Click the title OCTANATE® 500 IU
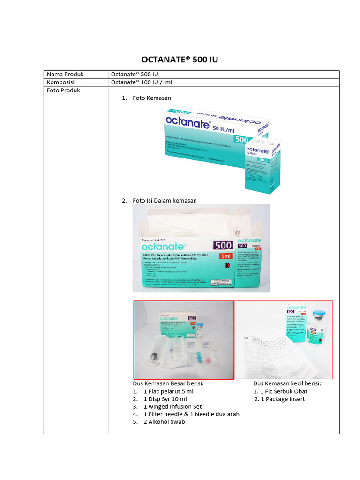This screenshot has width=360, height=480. point(180,60)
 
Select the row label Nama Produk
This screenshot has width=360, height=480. point(64,75)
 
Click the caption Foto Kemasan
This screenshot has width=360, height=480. point(152,98)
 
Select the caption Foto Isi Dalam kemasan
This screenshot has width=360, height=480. point(165,200)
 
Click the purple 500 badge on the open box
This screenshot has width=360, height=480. point(223,245)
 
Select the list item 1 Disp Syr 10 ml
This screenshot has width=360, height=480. point(165,399)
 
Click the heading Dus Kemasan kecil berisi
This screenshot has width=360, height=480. point(287,383)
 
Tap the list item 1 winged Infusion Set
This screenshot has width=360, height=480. point(172,407)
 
